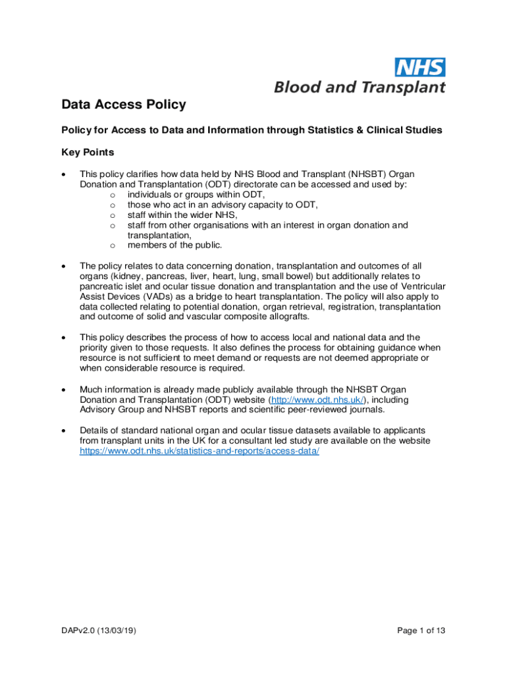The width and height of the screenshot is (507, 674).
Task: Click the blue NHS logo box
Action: pos(419,67)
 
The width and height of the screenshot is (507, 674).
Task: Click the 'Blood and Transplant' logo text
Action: pos(360,87)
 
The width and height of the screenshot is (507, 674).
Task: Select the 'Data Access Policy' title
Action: pos(124,105)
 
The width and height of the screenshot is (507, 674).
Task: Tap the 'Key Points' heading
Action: pos(88,153)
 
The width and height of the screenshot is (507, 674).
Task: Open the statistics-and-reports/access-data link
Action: pos(199,451)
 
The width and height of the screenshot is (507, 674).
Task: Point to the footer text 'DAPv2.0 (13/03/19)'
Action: pos(99,631)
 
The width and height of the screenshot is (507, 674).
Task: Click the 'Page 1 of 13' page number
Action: pos(421,631)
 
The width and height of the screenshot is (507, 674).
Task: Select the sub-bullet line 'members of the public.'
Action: pos(175,246)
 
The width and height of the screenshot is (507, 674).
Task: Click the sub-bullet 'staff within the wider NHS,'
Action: pos(182,215)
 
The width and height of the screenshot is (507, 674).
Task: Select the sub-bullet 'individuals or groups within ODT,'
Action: pos(196,194)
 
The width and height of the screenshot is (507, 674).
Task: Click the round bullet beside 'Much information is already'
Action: pos(63,390)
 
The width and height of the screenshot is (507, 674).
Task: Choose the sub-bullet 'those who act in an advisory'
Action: pos(218,205)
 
